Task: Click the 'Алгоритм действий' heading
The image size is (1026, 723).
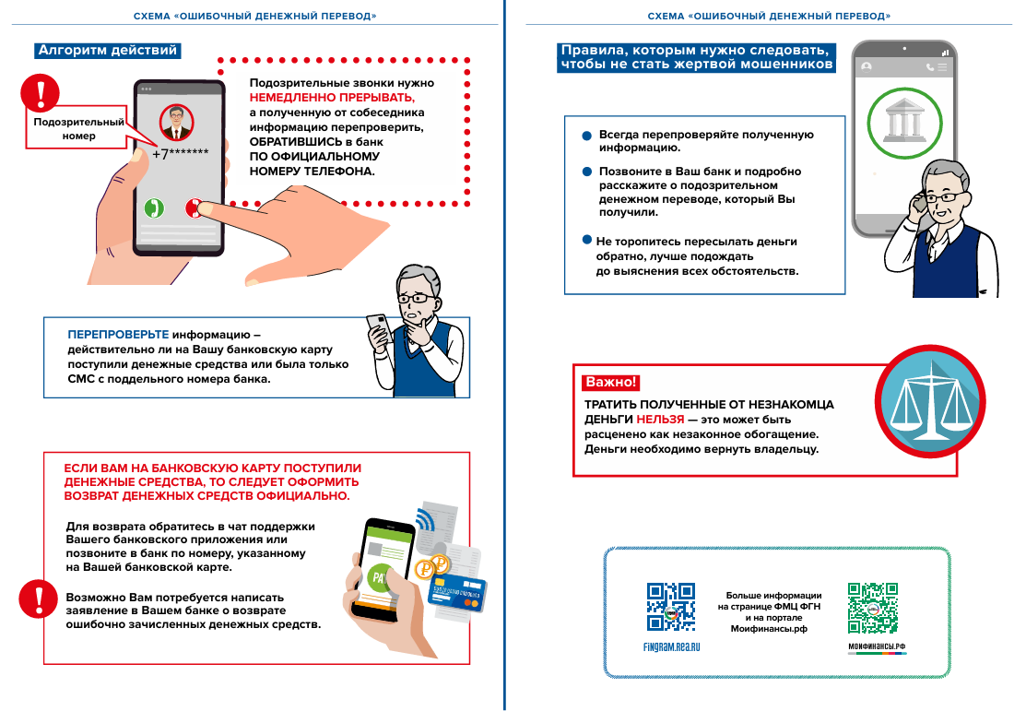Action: (106, 52)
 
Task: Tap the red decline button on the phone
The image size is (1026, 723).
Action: (194, 207)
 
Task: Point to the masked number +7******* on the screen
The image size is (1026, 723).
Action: (180, 154)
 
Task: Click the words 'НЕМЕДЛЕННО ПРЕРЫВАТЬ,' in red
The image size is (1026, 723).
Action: (332, 97)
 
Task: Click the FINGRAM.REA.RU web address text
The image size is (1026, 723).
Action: (671, 647)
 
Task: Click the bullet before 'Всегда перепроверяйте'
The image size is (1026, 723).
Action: (586, 136)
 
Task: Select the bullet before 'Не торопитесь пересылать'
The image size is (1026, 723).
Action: (586, 240)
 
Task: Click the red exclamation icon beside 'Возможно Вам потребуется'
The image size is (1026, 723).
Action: (38, 598)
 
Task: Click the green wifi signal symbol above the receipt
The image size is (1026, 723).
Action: (426, 521)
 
